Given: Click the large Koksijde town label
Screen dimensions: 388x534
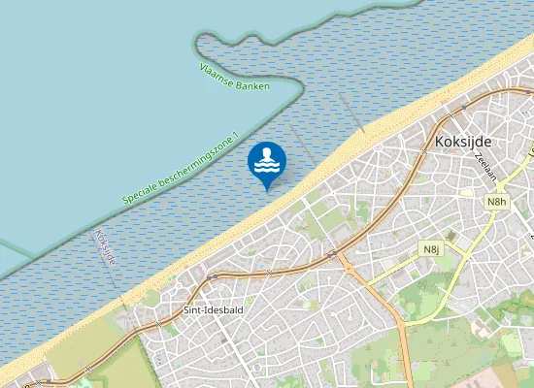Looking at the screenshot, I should coord(464,142).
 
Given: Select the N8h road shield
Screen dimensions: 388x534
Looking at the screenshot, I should coord(496,201).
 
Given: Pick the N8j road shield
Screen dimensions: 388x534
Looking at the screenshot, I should coord(432,249).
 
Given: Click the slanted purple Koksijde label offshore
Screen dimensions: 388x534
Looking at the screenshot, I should coord(106,248).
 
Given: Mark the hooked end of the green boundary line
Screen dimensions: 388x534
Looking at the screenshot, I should coord(199,44).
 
